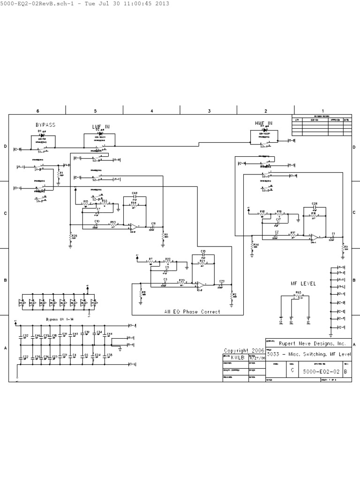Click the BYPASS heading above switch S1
(x=45, y=125)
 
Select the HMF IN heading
(x=263, y=123)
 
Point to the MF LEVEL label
(x=303, y=283)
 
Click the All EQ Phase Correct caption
(x=192, y=312)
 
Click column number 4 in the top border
(x=152, y=111)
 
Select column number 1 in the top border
(x=322, y=111)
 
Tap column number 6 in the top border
(x=37, y=111)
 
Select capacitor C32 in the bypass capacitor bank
(x=22, y=336)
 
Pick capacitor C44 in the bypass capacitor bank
(x=106, y=335)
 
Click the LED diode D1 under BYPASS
(x=41, y=135)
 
